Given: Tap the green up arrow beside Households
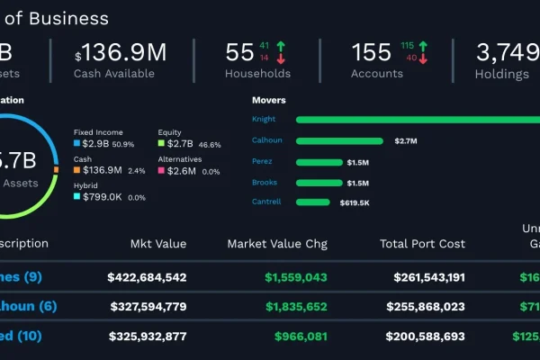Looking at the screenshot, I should pyautogui.click(x=281, y=46).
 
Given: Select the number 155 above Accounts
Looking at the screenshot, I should pyautogui.click(x=372, y=52).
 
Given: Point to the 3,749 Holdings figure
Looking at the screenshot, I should pyautogui.click(x=508, y=52).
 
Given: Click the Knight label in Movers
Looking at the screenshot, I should pyautogui.click(x=264, y=119).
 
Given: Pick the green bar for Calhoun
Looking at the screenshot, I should pyautogui.click(x=341, y=140).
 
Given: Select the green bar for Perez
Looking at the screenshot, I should pyautogui.click(x=318, y=162).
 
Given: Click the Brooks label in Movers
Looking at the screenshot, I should pyautogui.click(x=265, y=183).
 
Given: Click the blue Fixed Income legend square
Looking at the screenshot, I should pyautogui.click(x=77, y=144).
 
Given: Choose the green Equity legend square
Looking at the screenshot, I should pyautogui.click(x=161, y=144).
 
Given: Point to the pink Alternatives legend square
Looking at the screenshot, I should pyautogui.click(x=161, y=170).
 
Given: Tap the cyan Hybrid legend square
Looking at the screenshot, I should pyautogui.click(x=77, y=196).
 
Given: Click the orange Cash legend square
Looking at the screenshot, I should pyautogui.click(x=77, y=170).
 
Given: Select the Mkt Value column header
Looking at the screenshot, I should pyautogui.click(x=157, y=244).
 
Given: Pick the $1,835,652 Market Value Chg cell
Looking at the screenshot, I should pyautogui.click(x=296, y=307).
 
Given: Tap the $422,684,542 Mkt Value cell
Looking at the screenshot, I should pyautogui.click(x=147, y=277).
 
